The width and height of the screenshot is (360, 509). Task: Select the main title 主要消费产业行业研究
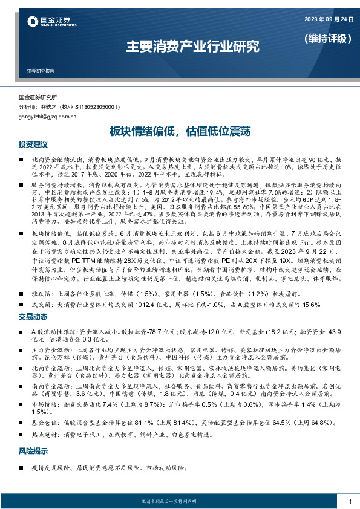pyautogui.click(x=192, y=45)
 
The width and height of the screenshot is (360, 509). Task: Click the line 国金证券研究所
pyautogui.click(x=38, y=97)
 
